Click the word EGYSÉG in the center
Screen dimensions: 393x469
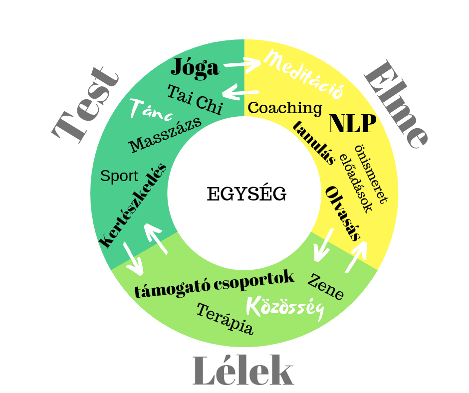(x=246, y=194)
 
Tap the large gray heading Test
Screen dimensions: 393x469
(x=86, y=105)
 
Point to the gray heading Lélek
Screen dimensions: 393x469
(x=243, y=371)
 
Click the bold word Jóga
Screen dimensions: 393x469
(x=195, y=67)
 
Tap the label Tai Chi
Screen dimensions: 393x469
(x=195, y=99)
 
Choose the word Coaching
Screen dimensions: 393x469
(x=285, y=107)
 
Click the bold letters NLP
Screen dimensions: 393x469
(x=352, y=124)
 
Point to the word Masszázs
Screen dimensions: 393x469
(x=165, y=135)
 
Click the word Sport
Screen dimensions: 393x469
(x=119, y=176)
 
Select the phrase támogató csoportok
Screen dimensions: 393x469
(x=215, y=285)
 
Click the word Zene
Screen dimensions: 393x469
(x=325, y=287)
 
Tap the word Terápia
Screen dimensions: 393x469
(x=225, y=319)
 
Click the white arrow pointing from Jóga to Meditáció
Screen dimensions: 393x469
(x=242, y=63)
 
